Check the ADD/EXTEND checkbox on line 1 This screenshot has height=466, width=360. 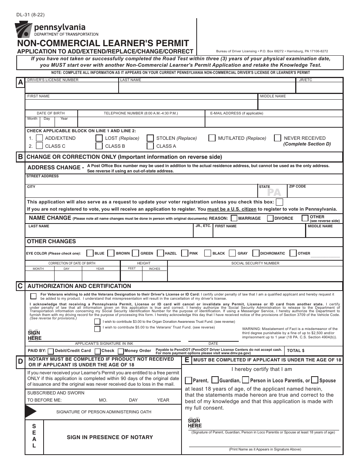tap(39, 138)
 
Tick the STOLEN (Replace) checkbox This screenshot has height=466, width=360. tap(150, 138)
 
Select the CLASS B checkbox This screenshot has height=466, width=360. tap(99, 146)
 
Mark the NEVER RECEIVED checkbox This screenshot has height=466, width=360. tap(277, 138)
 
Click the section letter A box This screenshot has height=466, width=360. tap(20, 83)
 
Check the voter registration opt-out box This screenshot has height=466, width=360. tap(279, 202)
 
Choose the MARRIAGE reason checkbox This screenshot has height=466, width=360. tap(234, 218)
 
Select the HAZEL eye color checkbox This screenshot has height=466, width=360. tap(160, 253)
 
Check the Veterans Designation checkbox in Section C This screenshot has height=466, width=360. tap(33, 296)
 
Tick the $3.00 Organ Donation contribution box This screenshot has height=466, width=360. tap(97, 321)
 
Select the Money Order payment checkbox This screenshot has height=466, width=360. tap(121, 351)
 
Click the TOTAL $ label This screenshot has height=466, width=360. tap(296, 351)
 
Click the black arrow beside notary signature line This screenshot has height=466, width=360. tap(31, 411)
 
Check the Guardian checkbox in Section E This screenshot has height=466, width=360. tap(215, 380)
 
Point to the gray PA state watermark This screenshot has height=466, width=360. tap(274, 192)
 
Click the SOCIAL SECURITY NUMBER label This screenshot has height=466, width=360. tap(255, 263)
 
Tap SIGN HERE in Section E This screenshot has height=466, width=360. tap(194, 423)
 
